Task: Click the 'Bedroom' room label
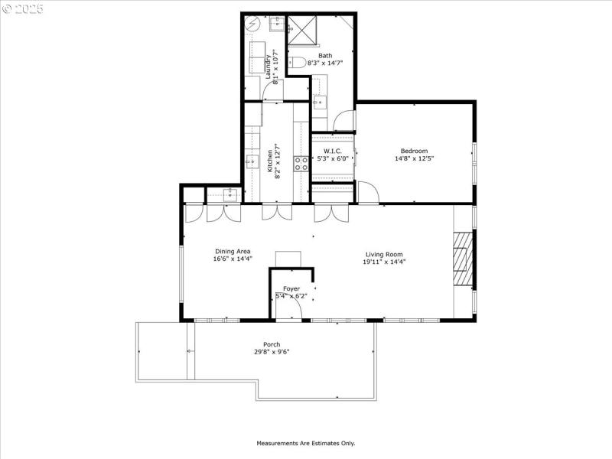[x=414, y=151]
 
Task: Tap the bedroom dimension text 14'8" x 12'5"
[x=414, y=159]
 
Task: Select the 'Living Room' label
[x=383, y=254]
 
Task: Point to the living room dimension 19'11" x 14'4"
[x=383, y=262]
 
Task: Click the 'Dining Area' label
[x=232, y=251]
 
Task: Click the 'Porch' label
[x=272, y=344]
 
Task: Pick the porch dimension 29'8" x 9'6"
[x=272, y=352]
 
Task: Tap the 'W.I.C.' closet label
[x=332, y=151]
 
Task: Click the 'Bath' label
[x=325, y=55]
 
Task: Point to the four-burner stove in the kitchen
[x=301, y=162]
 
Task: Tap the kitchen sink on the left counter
[x=251, y=161]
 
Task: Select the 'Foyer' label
[x=291, y=288]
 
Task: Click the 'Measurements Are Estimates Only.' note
[x=305, y=443]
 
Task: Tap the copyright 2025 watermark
[x=23, y=8]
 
